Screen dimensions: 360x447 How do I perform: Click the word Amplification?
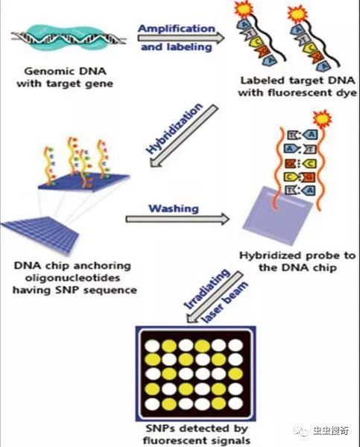pyautogui.click(x=177, y=28)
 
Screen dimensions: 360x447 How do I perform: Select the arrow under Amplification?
pyautogui.click(x=181, y=38)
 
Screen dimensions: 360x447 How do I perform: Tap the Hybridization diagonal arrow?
pyautogui.click(x=184, y=136)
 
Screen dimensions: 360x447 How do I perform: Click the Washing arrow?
pyautogui.click(x=177, y=219)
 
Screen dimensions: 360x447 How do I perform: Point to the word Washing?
pyautogui.click(x=174, y=209)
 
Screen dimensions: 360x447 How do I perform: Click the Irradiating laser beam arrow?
pyautogui.click(x=215, y=297)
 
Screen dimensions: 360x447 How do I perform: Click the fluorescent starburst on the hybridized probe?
pyautogui.click(x=322, y=119)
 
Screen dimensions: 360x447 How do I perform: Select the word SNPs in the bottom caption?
pyautogui.click(x=160, y=428)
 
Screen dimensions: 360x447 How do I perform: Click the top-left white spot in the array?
pyautogui.click(x=153, y=346)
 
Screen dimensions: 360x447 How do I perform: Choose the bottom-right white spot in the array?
pyautogui.click(x=236, y=404)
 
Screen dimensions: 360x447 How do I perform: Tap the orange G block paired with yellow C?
pyautogui.click(x=289, y=164)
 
